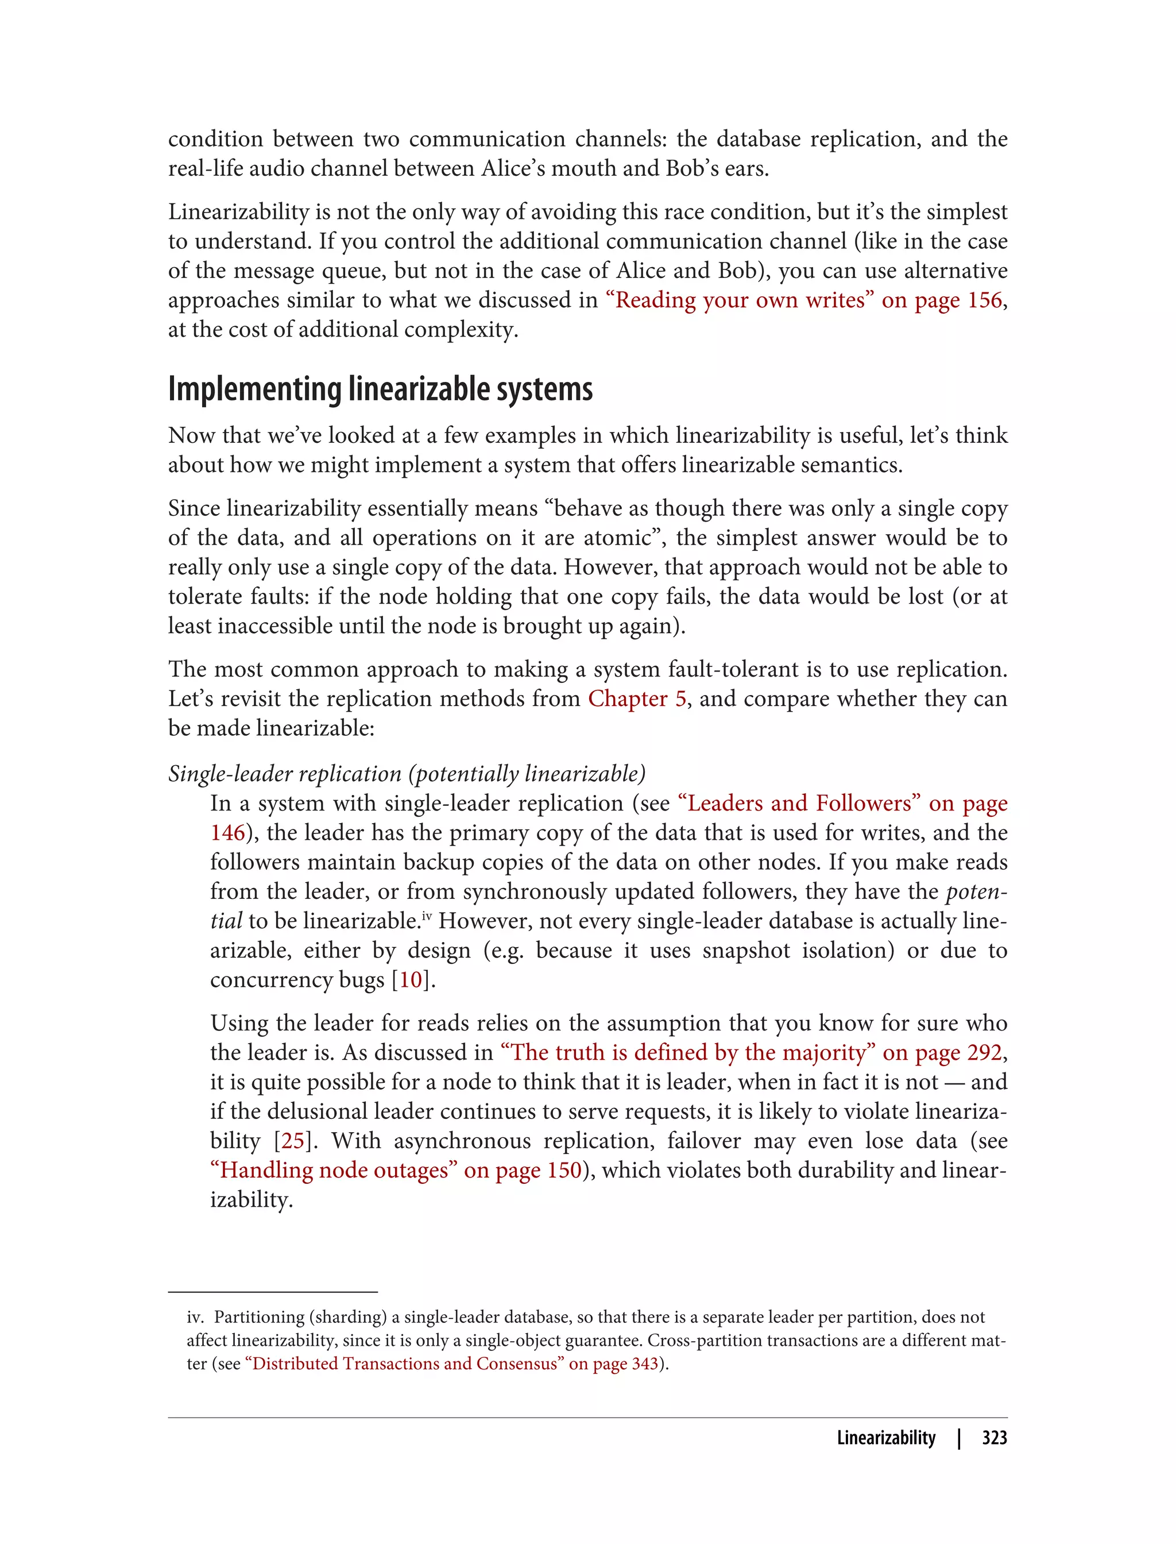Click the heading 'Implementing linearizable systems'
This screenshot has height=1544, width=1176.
click(380, 389)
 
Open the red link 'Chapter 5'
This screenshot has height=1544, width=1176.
click(636, 699)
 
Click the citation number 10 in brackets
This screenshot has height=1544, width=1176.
click(411, 979)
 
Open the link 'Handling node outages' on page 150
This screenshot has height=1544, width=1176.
click(334, 1170)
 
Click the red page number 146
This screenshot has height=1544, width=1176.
click(227, 832)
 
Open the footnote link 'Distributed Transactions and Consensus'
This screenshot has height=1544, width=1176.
click(408, 1363)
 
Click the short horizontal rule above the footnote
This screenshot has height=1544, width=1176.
click(272, 1291)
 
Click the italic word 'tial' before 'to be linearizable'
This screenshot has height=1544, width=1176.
click(226, 921)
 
